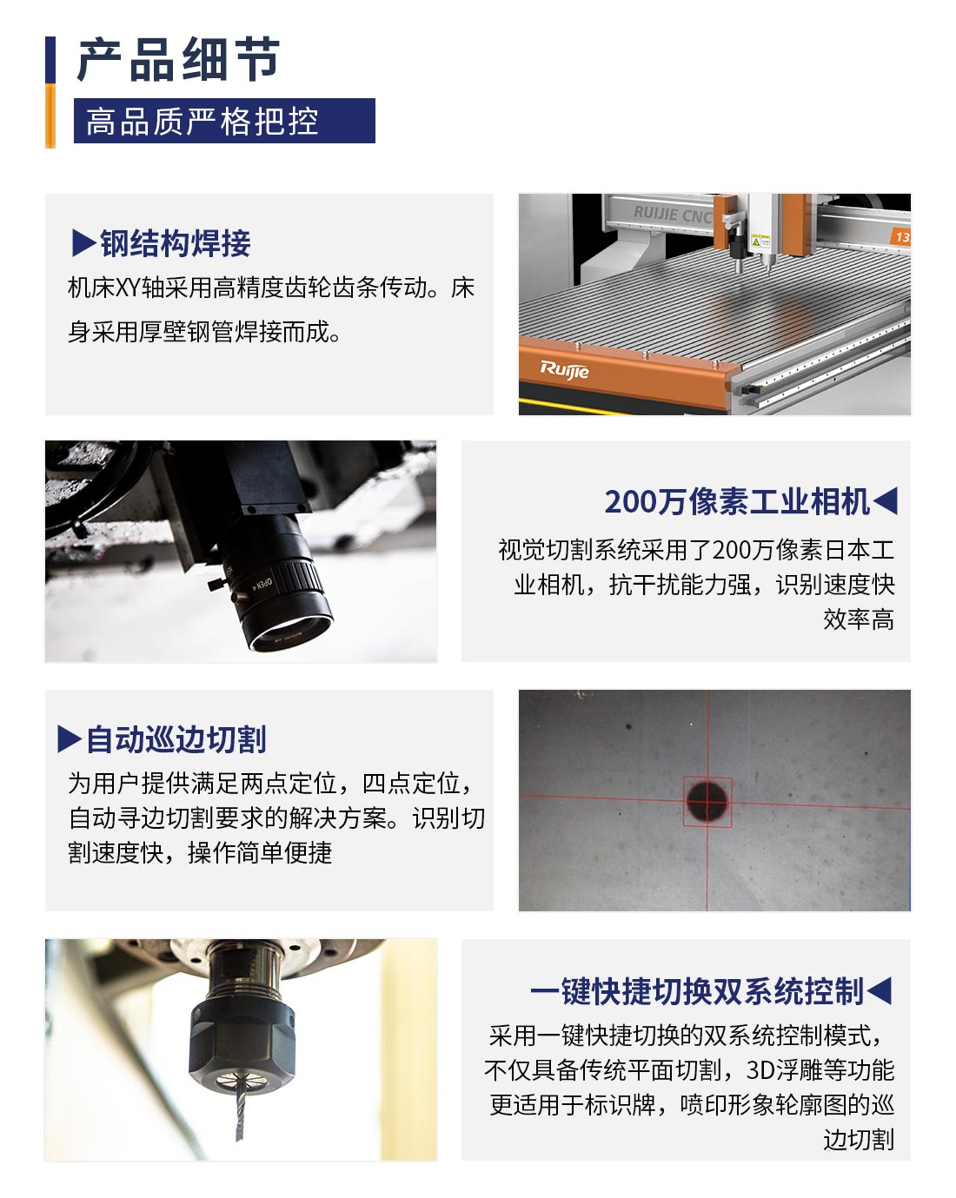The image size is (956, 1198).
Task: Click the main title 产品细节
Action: pyautogui.click(x=178, y=60)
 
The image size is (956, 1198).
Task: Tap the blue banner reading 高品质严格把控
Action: pyautogui.click(x=224, y=121)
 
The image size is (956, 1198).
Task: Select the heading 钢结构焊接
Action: pyautogui.click(x=176, y=243)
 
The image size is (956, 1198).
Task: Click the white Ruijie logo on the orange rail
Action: pyautogui.click(x=564, y=369)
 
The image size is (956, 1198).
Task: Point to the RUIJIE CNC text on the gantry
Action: pyautogui.click(x=673, y=215)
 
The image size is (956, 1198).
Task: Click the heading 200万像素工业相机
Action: pyautogui.click(x=737, y=501)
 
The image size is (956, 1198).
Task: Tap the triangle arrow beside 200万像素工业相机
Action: pyautogui.click(x=886, y=500)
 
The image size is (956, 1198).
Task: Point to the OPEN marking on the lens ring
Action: pyautogui.click(x=262, y=584)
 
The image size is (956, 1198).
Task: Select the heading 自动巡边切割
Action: pyautogui.click(x=176, y=739)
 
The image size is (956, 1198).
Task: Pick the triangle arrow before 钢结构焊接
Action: pyautogui.click(x=84, y=243)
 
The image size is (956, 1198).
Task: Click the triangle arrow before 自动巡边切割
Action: pyautogui.click(x=70, y=739)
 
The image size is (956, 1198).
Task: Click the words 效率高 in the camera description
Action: pyautogui.click(x=859, y=619)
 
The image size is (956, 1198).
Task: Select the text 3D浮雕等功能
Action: pyautogui.click(x=820, y=1069)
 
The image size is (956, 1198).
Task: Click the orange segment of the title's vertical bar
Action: pyautogui.click(x=50, y=116)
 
